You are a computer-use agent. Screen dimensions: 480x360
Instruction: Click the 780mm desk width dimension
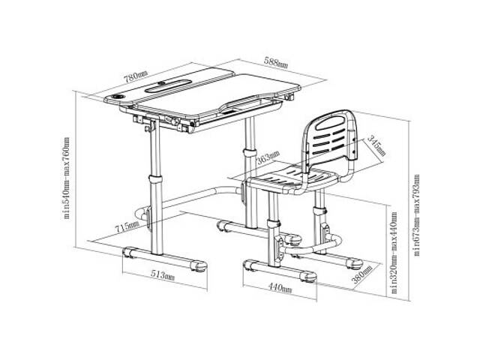tap(135, 76)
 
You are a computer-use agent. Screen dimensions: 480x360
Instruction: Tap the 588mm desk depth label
tap(275, 62)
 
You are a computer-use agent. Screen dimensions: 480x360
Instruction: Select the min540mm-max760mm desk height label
tap(66, 178)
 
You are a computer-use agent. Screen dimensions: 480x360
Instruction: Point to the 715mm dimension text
tap(127, 226)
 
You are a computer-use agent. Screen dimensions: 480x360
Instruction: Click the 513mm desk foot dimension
tap(162, 275)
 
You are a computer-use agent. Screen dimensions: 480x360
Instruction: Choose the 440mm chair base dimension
tap(280, 287)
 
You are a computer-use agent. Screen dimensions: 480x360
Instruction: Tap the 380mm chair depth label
tap(362, 274)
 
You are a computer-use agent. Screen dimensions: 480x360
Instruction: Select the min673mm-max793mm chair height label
tap(416, 215)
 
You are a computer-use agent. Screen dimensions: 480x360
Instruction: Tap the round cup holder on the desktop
tap(118, 97)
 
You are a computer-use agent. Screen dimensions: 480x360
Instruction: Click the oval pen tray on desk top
tap(168, 85)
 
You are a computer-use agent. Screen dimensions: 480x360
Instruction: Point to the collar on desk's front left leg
tap(156, 179)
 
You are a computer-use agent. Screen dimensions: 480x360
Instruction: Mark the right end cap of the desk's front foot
tap(198, 266)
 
